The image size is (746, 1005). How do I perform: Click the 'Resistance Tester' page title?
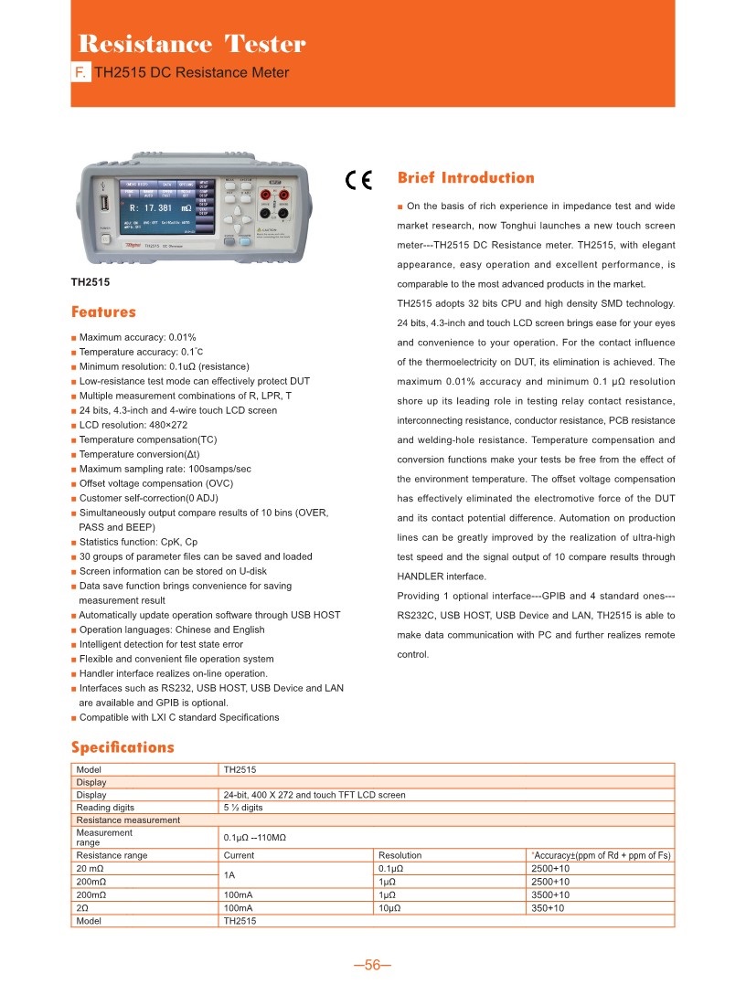(192, 44)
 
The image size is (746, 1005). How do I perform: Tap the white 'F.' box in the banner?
(81, 73)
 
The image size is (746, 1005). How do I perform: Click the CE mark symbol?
(359, 179)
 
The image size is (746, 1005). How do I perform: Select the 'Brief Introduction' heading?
(466, 177)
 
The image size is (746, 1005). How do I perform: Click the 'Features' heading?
(103, 312)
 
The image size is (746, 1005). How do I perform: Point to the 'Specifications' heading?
(123, 747)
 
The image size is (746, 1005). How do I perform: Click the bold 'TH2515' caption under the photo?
(91, 282)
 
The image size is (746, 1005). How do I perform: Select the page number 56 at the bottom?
(372, 967)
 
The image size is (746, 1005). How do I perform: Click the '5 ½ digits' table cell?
(243, 808)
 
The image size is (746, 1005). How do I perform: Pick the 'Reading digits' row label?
(105, 808)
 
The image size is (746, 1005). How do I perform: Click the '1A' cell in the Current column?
(230, 875)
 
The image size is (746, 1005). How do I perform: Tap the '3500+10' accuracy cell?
(549, 895)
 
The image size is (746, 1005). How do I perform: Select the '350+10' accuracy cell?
(547, 909)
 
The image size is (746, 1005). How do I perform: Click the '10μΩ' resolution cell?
(391, 909)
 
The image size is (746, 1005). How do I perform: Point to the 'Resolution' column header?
(400, 855)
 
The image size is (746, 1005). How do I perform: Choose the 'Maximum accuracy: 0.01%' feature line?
(137, 337)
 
